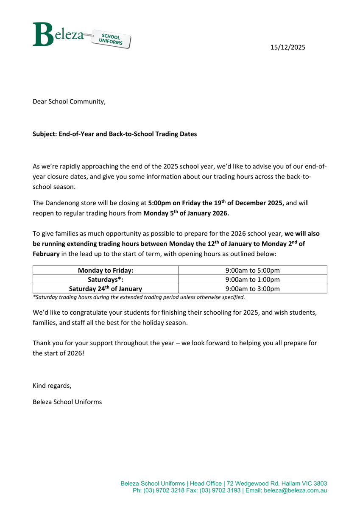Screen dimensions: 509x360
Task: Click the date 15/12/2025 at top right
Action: (x=288, y=48)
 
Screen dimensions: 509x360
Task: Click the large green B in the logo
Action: (x=43, y=34)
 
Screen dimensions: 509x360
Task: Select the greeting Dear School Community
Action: (x=69, y=101)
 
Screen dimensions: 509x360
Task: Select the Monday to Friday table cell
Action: (x=106, y=270)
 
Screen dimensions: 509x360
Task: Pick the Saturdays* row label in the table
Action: (x=106, y=280)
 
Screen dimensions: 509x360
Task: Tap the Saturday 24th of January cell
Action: (x=106, y=288)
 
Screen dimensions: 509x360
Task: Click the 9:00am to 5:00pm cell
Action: (x=253, y=270)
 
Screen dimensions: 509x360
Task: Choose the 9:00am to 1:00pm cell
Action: (x=253, y=280)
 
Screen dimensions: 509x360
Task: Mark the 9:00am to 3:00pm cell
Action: (x=253, y=289)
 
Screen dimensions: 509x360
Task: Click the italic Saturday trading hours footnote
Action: (x=139, y=297)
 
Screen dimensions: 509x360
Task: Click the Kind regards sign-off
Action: (x=52, y=386)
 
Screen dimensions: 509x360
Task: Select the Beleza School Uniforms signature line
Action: (x=67, y=402)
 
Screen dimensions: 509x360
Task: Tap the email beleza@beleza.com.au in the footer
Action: (x=295, y=490)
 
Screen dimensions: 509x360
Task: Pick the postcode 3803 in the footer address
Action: (x=319, y=484)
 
